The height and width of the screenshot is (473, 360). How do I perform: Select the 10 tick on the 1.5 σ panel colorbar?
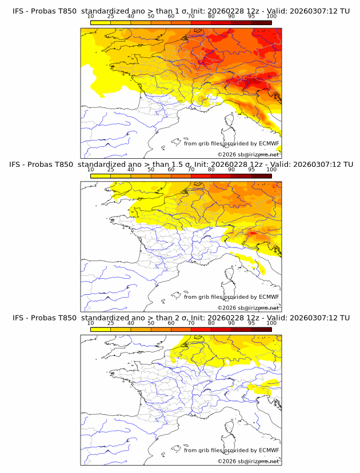point(90,169)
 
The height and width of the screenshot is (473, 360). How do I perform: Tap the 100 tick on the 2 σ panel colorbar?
point(271,323)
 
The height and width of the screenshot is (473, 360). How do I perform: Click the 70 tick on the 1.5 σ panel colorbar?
point(191,169)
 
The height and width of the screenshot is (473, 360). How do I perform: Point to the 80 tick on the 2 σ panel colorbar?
point(211,323)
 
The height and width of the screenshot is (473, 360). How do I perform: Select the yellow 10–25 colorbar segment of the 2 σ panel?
point(100,329)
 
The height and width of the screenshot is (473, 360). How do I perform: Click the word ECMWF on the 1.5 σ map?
point(269,296)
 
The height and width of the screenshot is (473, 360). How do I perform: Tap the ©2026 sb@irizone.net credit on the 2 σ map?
point(248,461)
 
